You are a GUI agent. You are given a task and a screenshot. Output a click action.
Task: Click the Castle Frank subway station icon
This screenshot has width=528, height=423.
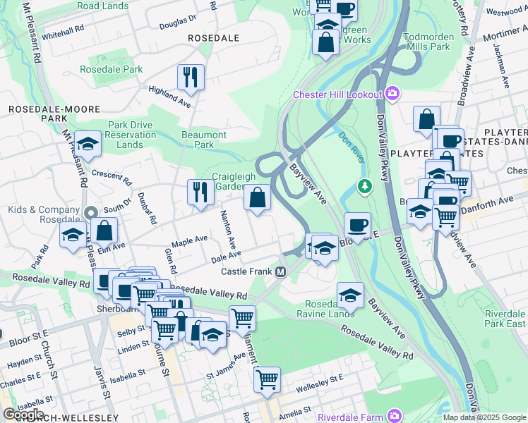[281, 272]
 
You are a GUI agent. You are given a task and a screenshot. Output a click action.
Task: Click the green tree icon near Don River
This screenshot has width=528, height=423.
[364, 187]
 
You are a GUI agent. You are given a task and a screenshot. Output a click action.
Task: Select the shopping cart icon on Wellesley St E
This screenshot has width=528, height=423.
[267, 379]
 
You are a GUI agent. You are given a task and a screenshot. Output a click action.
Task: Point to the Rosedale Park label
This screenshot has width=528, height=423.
[112, 69]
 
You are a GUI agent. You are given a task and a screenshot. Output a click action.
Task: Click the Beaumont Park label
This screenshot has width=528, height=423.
[204, 140]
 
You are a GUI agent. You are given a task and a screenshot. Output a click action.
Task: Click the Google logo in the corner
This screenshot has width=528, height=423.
[23, 415]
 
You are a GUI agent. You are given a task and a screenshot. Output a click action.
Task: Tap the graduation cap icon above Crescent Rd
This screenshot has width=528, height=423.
[88, 144]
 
